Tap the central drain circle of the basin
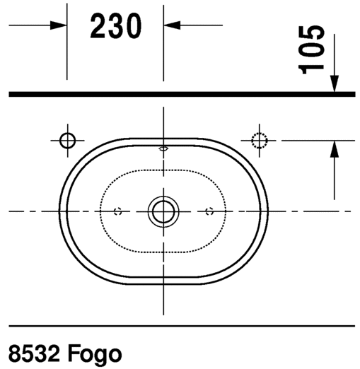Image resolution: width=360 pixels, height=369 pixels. coord(163,210)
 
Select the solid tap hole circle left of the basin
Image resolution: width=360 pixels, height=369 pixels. coord(67,140)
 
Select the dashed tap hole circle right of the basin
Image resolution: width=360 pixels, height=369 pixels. coord(260,140)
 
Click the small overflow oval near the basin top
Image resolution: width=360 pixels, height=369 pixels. coord(163,149)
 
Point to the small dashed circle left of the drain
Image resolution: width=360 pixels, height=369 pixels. coord(118,211)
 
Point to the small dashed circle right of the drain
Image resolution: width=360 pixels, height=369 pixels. coord(209,211)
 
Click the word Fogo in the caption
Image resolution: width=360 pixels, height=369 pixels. coord(95,351)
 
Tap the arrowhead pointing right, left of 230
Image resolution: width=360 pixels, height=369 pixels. coord(59,25)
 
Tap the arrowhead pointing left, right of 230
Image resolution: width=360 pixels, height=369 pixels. coord(173,25)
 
